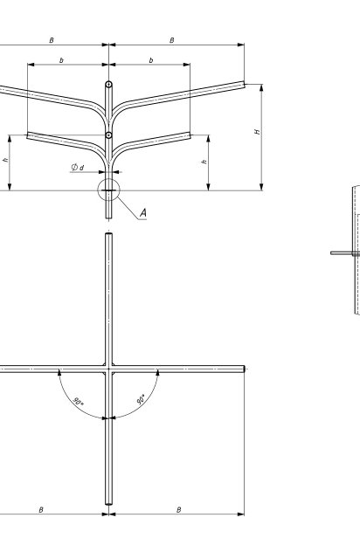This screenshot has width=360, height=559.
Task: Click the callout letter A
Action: click(143, 213)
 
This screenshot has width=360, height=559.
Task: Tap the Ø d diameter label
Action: click(78, 167)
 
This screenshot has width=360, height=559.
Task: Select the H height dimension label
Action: click(257, 132)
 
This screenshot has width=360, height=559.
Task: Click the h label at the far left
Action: click(5, 160)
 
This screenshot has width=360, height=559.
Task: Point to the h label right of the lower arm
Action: click(204, 162)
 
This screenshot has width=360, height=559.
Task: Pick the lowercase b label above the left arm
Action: click(61, 60)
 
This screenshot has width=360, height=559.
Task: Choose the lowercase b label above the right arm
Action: click(151, 60)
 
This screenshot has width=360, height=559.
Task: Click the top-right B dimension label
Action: click(172, 40)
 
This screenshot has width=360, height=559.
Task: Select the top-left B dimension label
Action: click(52, 40)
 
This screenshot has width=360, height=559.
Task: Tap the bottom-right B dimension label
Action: click(179, 510)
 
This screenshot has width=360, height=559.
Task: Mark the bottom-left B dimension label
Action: click(41, 510)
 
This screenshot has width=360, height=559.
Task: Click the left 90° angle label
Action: click(78, 401)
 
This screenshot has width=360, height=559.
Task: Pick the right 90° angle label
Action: click(142, 399)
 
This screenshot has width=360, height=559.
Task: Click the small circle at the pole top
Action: click(109, 85)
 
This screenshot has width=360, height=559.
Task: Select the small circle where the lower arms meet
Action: click(109, 135)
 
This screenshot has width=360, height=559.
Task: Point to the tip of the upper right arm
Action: click(244, 85)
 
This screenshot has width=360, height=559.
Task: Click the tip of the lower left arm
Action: click(28, 135)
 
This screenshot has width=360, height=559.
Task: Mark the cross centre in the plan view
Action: click(109, 369)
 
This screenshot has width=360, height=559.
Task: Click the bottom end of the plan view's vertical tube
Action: click(109, 504)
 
